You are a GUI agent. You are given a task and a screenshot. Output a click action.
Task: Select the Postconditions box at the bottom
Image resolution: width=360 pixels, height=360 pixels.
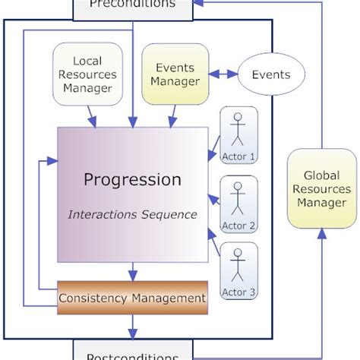pyautogui.click(x=132, y=352)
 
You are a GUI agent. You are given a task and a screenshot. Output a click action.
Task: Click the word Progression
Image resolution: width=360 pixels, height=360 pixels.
pyautogui.click(x=132, y=180)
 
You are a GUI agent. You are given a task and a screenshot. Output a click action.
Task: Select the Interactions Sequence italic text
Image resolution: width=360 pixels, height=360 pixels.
pyautogui.click(x=132, y=215)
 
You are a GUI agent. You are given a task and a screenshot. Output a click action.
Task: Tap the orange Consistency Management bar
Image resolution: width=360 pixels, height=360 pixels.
pyautogui.click(x=132, y=297)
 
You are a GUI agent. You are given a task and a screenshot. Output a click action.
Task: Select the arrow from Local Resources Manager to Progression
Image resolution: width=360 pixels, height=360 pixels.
pyautogui.click(x=92, y=115)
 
